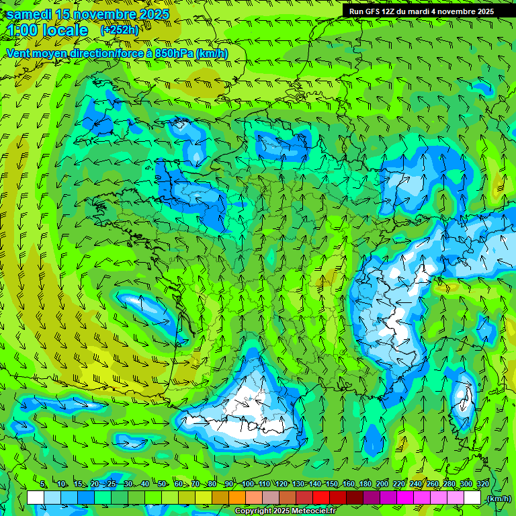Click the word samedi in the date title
pyautogui.click(x=29, y=14)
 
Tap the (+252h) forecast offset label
pyautogui.click(x=119, y=30)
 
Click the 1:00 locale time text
pyautogui.click(x=47, y=30)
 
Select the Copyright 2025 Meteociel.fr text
pyautogui.click(x=285, y=511)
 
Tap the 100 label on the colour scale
pyautogui.click(x=248, y=484)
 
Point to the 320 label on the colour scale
pyautogui.click(x=482, y=484)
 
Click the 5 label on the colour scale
pyautogui.click(x=42, y=484)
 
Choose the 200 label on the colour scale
pyautogui.click(x=382, y=484)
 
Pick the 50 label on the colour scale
pyautogui.click(x=161, y=484)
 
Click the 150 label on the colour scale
pyautogui.click(x=332, y=484)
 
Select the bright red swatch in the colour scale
pyautogui.click(x=322, y=499)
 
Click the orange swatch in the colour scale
pyautogui.click(x=238, y=499)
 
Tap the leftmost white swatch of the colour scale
pyautogui.click(x=36, y=499)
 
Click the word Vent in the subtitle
pyautogui.click(x=19, y=53)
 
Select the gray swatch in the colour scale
pyautogui.click(x=271, y=499)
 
